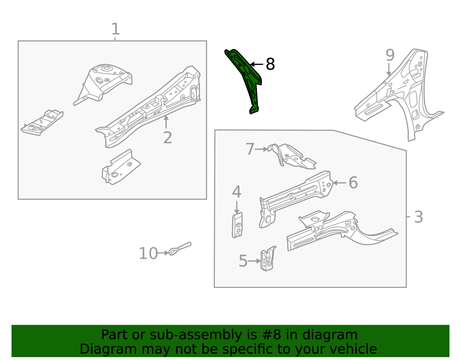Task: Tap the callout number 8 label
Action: (270, 64)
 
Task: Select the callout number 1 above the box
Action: (115, 29)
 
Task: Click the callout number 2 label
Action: (167, 138)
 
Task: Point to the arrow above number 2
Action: (166, 122)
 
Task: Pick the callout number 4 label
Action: (237, 192)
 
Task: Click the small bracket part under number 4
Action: (237, 225)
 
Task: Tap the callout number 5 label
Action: (243, 261)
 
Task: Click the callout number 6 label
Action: (353, 183)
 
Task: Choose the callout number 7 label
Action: (250, 149)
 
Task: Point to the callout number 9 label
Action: (390, 55)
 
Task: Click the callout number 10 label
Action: (148, 254)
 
